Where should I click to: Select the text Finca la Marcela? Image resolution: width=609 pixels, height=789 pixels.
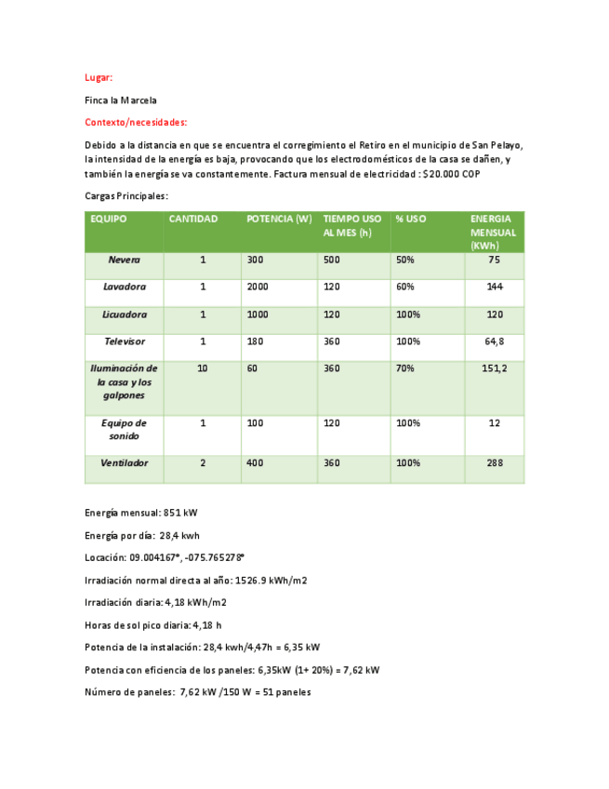[x=120, y=100]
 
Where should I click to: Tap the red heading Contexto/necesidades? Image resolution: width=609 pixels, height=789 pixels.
[x=136, y=122]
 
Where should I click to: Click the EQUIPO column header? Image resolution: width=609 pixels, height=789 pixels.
[x=109, y=220]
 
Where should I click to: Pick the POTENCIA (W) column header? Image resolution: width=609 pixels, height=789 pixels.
[x=278, y=220]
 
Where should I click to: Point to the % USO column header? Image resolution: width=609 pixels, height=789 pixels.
[x=410, y=220]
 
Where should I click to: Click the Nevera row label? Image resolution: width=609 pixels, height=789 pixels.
[x=124, y=261]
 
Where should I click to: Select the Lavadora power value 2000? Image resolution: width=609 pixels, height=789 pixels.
[x=258, y=288]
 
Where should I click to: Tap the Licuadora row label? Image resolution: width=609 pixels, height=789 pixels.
[x=124, y=315]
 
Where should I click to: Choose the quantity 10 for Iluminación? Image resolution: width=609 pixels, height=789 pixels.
[x=202, y=369]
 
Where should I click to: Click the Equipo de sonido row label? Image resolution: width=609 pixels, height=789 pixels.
[x=124, y=429]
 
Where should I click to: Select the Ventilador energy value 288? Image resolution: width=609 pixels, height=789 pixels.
[x=494, y=463]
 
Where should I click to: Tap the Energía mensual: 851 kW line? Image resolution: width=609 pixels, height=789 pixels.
[x=140, y=513]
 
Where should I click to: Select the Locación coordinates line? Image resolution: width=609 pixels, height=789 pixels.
[x=164, y=557]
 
